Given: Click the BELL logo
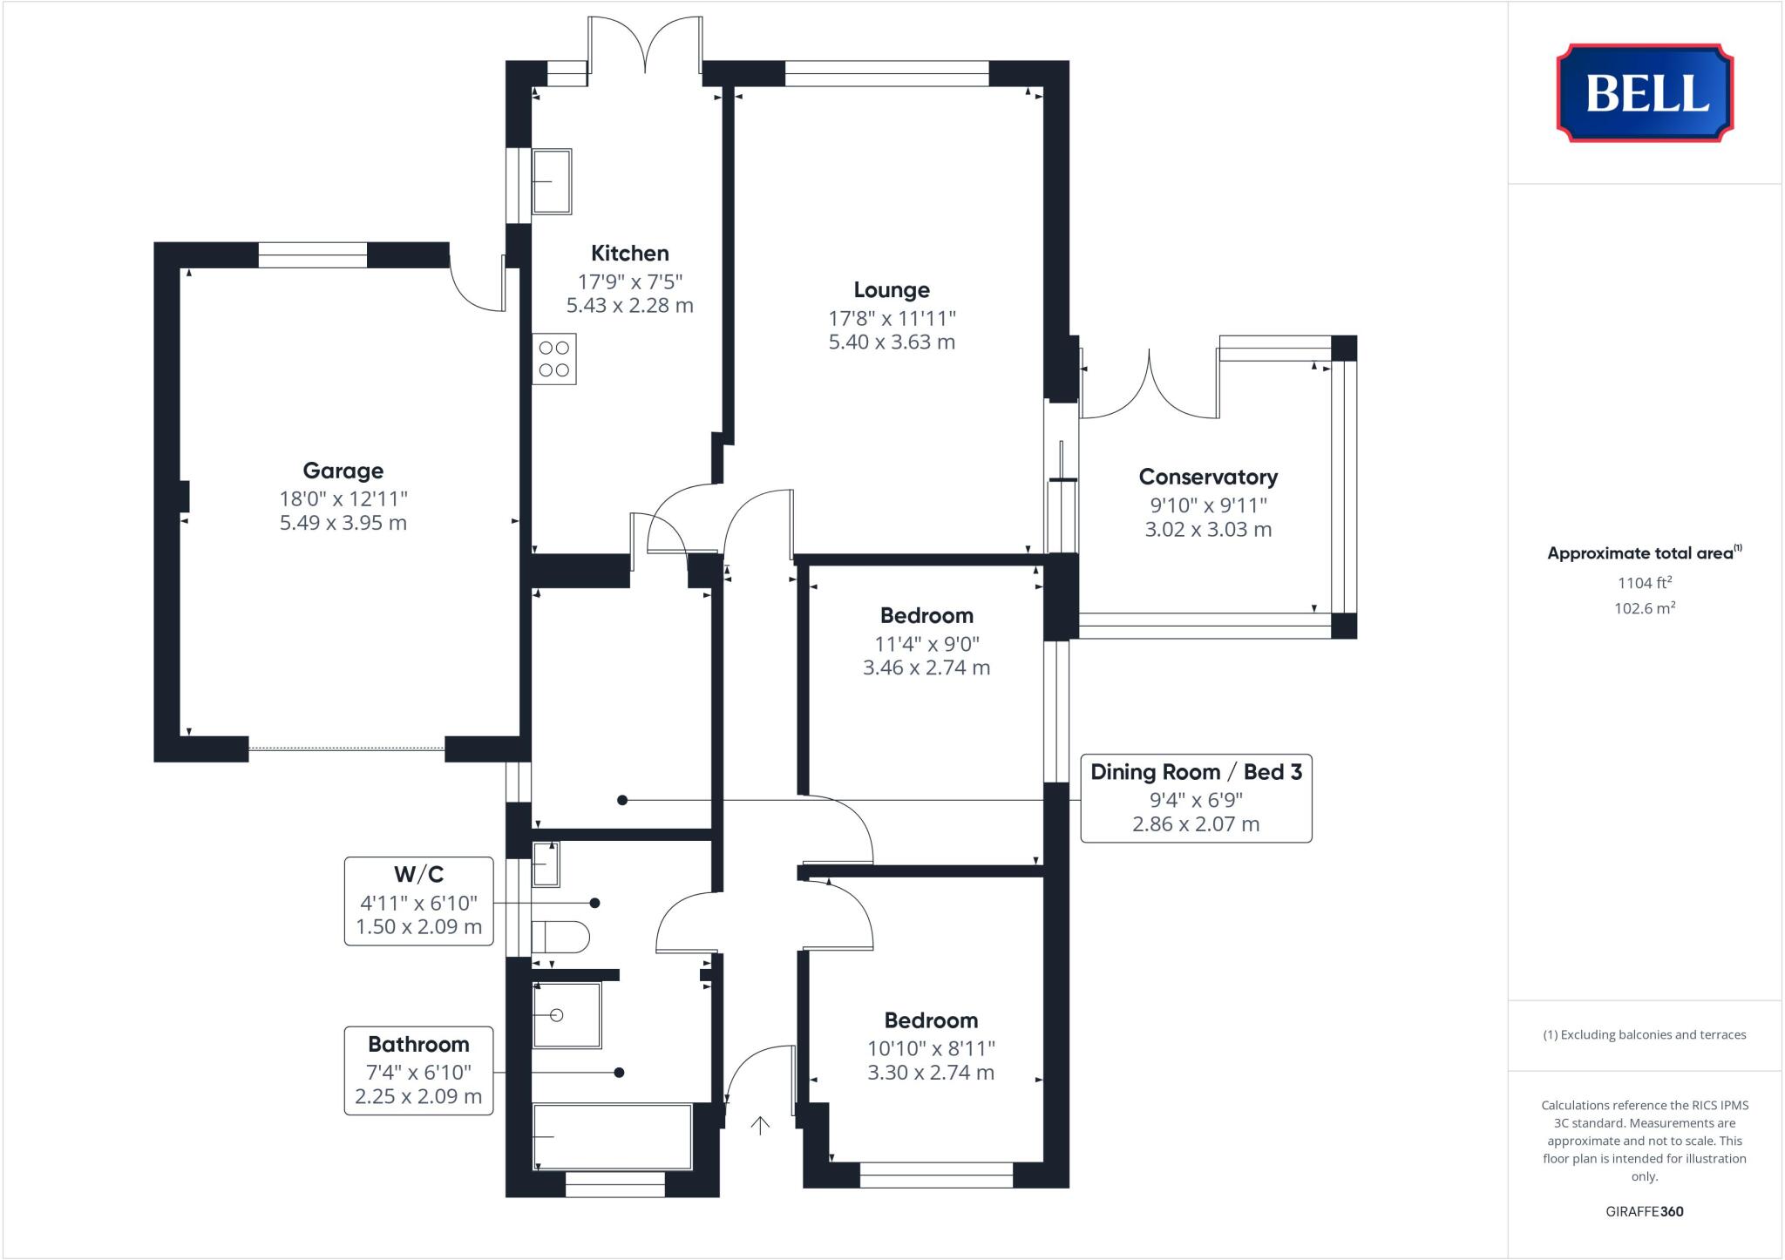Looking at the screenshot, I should point(1645,92).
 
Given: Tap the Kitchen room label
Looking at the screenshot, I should point(629,254).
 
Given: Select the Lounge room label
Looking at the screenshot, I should point(891,290).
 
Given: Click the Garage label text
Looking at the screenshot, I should point(343,471).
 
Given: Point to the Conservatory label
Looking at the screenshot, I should point(1208,477).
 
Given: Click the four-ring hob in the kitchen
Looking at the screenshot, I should point(554,359).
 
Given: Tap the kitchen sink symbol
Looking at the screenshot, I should point(552,181).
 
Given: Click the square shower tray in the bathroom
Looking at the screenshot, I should point(566,1015).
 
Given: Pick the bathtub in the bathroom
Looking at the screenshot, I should point(612,1136).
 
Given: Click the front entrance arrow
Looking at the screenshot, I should point(760,1126).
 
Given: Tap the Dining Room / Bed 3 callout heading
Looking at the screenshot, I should point(1196,772).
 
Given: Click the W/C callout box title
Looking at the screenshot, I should point(418,874).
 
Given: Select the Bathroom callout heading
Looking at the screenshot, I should point(418,1044).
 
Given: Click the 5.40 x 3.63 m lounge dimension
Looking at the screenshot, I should point(891,342).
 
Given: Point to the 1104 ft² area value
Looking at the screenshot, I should point(1644,583).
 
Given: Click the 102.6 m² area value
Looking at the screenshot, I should point(1644,608).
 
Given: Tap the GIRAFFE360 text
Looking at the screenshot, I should point(1644,1211).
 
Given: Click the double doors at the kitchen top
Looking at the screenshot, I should point(645,48).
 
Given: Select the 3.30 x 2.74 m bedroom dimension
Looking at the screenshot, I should point(930,1073).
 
